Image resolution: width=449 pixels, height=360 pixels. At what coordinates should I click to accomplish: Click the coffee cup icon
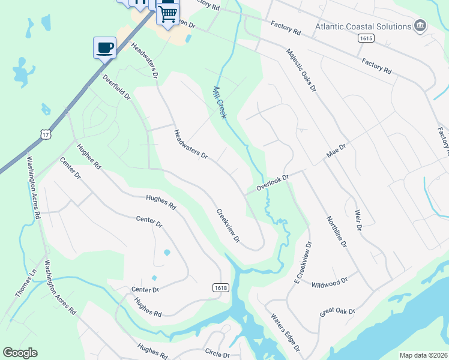104,47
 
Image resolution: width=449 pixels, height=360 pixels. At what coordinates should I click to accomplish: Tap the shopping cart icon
168,11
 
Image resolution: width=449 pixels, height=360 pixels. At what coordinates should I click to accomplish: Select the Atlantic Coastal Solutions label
363,26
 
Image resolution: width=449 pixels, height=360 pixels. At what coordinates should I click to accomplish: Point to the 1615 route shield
365,38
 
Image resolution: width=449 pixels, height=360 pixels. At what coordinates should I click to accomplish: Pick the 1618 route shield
221,288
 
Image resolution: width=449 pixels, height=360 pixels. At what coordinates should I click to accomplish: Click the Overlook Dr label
273,182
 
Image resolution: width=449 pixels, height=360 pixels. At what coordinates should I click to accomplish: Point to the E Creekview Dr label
302,262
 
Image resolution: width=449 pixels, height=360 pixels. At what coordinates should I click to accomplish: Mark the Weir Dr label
358,220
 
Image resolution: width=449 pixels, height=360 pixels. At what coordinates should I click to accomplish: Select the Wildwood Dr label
329,282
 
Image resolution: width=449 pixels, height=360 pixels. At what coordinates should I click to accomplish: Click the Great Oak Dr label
337,312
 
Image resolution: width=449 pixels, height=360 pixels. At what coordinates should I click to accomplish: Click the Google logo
20,353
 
